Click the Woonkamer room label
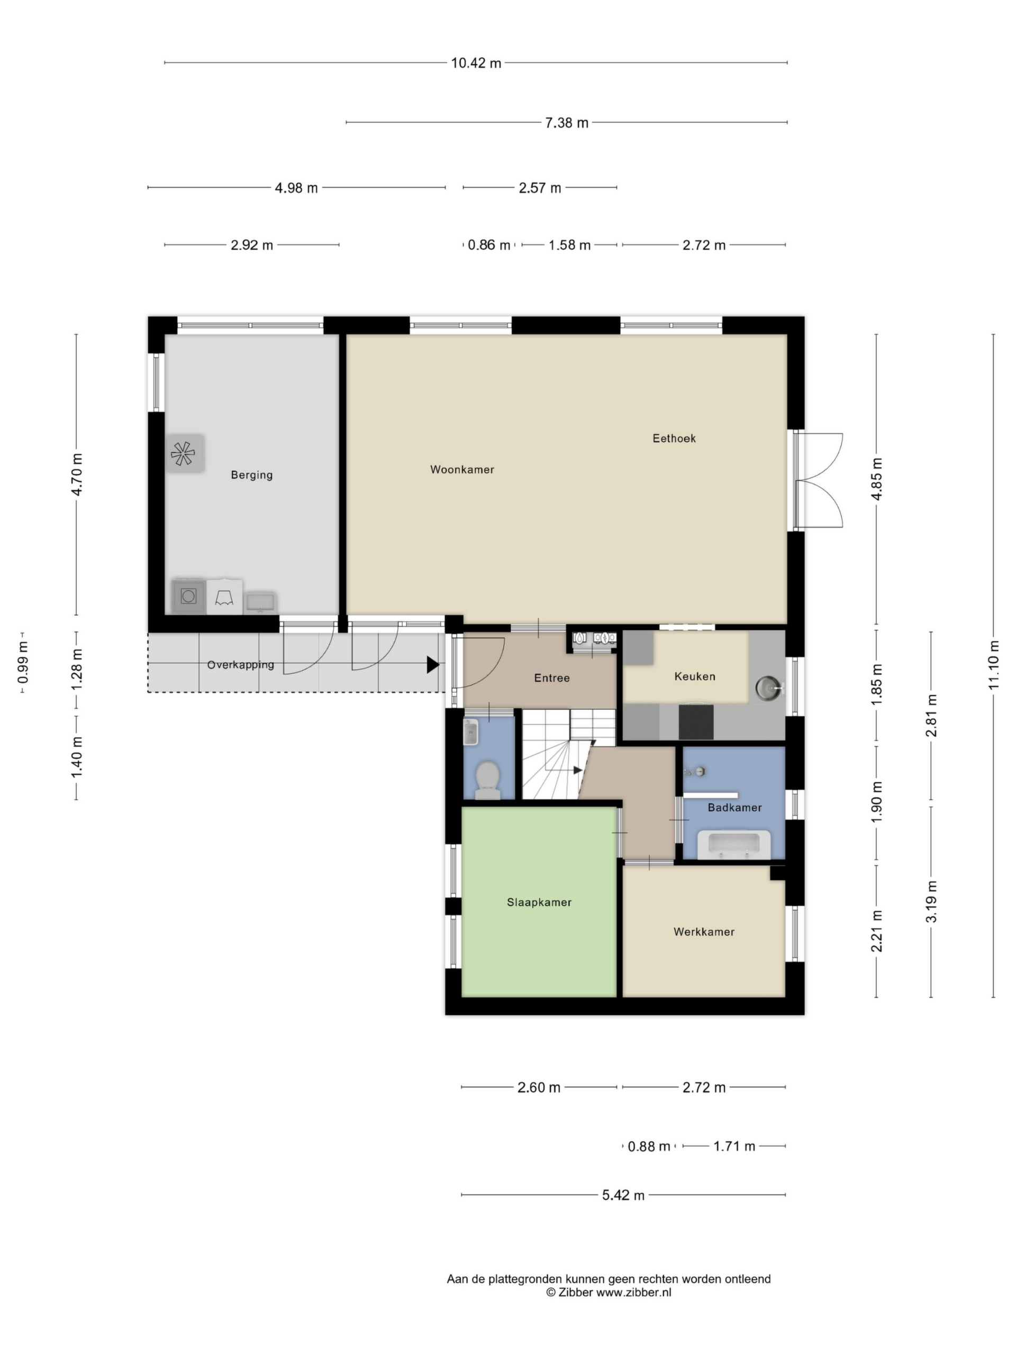click(x=462, y=470)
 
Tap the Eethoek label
click(x=674, y=438)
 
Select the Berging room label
click(x=252, y=475)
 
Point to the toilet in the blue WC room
click(x=487, y=780)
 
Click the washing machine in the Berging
click(x=188, y=596)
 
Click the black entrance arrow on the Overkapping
click(x=433, y=665)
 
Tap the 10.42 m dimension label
click(x=476, y=63)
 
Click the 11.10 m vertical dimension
click(x=993, y=664)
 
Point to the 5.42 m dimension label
click(x=623, y=1195)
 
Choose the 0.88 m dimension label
click(x=649, y=1147)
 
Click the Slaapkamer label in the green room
click(x=539, y=902)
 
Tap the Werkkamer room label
click(x=704, y=931)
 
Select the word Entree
click(x=552, y=678)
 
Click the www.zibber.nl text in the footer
click(x=634, y=1292)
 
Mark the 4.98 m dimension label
click(x=296, y=188)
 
